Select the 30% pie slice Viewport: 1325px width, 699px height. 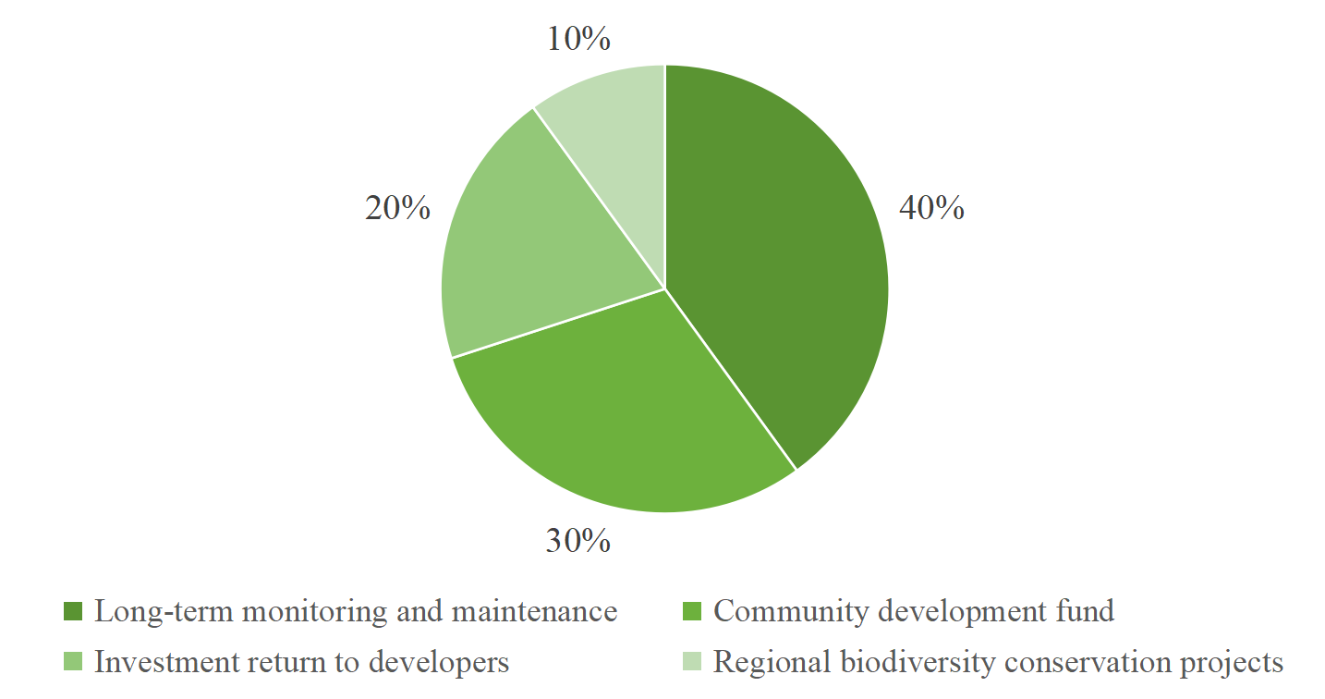coord(628,416)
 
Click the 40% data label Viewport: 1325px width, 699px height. coord(931,209)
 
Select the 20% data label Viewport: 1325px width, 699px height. coord(397,209)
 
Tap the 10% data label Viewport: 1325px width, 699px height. coord(578,39)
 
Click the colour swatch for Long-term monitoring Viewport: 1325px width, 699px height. coord(73,612)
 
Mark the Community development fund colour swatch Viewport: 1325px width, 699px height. coord(692,612)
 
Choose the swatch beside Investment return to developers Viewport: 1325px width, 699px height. coord(73,663)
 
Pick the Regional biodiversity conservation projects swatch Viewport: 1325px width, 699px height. coord(692,663)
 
